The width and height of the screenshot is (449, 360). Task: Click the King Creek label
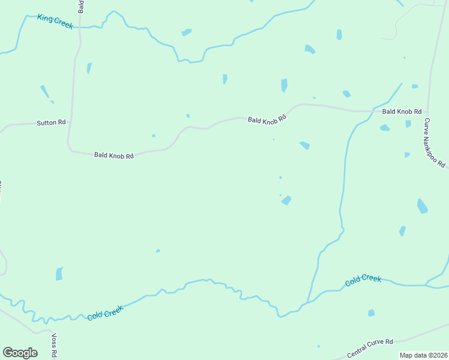coord(55,22)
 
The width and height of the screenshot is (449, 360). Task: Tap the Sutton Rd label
coord(51,122)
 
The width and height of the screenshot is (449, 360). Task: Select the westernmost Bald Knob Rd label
coord(113,155)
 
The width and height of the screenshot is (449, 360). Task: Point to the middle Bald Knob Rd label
coord(267,119)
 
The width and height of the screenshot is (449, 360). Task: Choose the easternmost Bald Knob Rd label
coord(402,112)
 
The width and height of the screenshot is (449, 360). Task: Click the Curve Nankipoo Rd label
coord(434,143)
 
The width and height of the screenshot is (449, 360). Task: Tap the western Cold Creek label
coord(104,313)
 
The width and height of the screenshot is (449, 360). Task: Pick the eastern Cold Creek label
coord(363,280)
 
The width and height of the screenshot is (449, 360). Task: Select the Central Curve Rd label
coord(370,341)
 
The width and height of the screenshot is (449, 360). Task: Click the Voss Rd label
coord(55,346)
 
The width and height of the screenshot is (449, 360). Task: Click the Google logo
coord(20,353)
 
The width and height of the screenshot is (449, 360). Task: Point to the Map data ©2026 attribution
coord(423,355)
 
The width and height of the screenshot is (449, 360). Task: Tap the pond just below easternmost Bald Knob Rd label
coord(385,128)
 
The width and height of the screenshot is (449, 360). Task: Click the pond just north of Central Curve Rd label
coord(372,313)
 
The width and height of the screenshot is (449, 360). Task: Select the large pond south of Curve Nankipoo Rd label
coord(422,206)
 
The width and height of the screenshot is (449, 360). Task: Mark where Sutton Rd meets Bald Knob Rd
coord(70,122)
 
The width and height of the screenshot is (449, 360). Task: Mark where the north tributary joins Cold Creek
coord(308,302)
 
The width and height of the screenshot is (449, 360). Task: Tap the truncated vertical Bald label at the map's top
coord(80,6)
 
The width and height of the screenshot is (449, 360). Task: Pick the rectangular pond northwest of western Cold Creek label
coord(59,274)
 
